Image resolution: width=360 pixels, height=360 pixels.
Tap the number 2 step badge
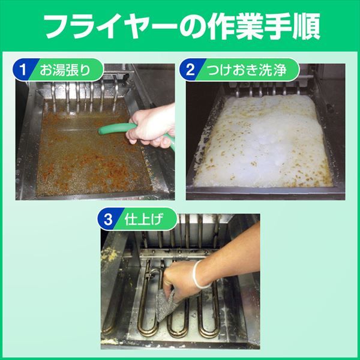[x=191, y=70]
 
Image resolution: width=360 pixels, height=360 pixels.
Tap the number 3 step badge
[x=109, y=219]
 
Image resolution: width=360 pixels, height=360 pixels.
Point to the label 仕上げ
[x=144, y=219]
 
